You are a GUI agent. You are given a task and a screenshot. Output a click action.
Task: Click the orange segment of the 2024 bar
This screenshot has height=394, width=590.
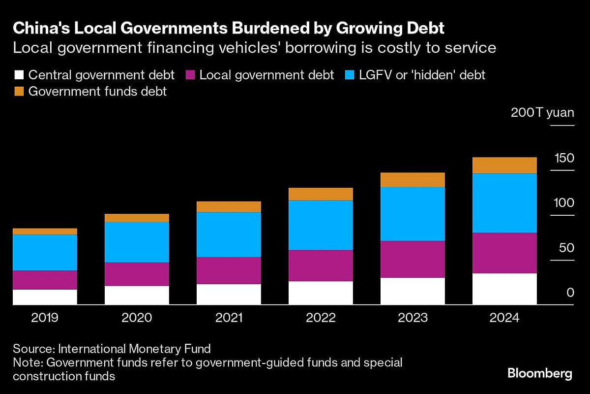pos(504,165)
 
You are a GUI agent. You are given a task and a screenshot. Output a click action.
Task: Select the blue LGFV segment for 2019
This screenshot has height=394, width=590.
pos(45,252)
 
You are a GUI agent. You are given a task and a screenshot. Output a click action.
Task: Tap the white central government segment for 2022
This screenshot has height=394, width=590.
pos(321,293)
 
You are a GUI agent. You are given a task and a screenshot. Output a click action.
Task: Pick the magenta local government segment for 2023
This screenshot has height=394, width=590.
pos(413,259)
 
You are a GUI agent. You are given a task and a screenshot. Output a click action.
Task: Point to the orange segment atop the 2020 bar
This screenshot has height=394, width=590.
pos(137,218)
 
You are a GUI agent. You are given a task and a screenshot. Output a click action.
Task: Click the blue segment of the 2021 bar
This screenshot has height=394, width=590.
pos(229,234)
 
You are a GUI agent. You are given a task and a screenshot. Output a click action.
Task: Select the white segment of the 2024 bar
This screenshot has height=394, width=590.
pos(504,289)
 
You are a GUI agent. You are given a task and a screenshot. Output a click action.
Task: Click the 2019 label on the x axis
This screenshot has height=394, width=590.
pos(45,318)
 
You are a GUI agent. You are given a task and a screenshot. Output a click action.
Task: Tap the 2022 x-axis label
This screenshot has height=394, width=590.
pos(321,318)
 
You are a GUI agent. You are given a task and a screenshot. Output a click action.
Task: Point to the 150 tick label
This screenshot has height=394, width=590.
pos(564,158)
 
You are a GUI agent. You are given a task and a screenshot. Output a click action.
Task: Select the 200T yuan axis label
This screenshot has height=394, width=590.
pos(542,112)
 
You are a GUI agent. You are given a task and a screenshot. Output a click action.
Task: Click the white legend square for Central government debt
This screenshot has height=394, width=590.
pos(19,75)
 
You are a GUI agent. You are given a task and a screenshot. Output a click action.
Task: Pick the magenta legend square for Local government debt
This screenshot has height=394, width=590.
pos(190,75)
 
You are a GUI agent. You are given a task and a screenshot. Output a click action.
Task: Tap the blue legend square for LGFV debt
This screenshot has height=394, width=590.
pos(351,75)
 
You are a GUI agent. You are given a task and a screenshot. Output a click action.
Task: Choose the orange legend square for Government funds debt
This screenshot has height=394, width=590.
pos(19,91)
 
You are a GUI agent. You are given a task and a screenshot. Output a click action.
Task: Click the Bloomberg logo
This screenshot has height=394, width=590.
pos(539,373)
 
